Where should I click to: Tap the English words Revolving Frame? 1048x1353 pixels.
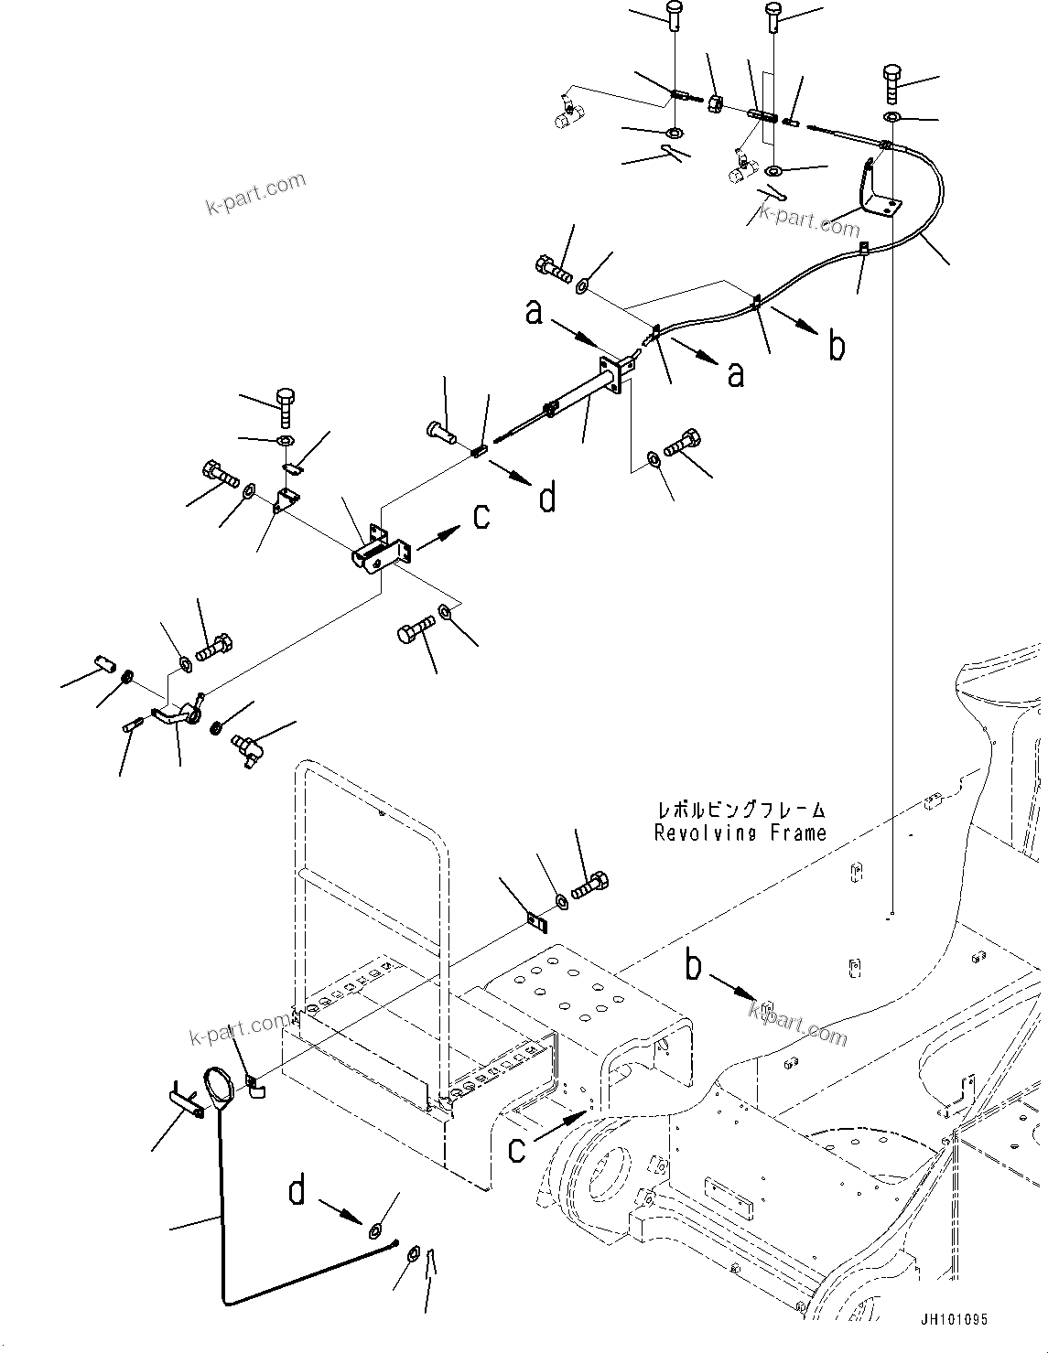[x=740, y=833]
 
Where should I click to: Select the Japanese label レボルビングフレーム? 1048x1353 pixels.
[x=740, y=811]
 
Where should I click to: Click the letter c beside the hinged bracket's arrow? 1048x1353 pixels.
[x=481, y=517]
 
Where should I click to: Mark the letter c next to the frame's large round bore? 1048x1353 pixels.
[x=517, y=1148]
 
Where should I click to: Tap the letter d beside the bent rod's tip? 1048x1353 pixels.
[x=297, y=1192]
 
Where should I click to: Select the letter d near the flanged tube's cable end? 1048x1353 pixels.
[x=547, y=499]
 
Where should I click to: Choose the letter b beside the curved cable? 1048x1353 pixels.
[x=837, y=346]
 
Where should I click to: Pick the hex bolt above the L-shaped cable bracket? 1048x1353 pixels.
[x=892, y=84]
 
